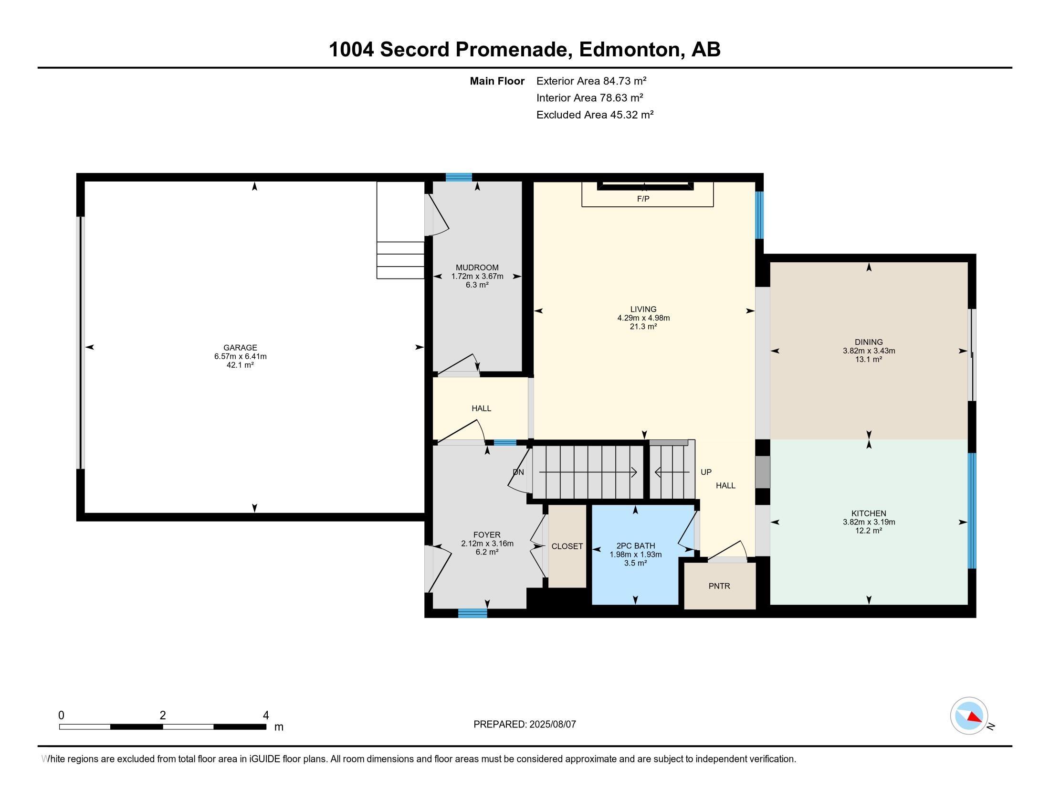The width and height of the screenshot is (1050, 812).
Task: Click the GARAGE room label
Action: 240,347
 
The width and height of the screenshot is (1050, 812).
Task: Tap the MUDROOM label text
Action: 477,267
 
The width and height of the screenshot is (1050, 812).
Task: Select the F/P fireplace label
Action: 643,199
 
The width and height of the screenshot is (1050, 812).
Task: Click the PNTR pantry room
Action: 719,586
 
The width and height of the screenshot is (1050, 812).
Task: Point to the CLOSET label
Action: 567,546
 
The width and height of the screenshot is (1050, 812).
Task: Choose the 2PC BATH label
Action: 636,545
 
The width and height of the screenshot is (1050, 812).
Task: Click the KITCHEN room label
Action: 869,513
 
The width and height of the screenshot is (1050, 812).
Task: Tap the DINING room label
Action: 869,342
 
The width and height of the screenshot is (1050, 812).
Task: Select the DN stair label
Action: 518,472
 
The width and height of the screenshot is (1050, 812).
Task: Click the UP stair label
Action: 706,472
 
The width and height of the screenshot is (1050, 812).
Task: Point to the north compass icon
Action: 969,716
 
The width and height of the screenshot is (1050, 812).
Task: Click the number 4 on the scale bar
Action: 266,716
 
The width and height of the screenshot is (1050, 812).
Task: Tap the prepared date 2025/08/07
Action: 552,724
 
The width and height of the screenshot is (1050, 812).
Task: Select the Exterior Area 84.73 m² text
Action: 591,81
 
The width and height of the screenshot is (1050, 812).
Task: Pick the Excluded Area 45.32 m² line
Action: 595,115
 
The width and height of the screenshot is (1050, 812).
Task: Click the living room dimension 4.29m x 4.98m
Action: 643,318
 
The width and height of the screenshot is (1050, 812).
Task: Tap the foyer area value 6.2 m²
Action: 487,552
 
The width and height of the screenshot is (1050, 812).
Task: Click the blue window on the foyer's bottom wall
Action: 472,613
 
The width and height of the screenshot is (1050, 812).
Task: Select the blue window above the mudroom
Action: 459,177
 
